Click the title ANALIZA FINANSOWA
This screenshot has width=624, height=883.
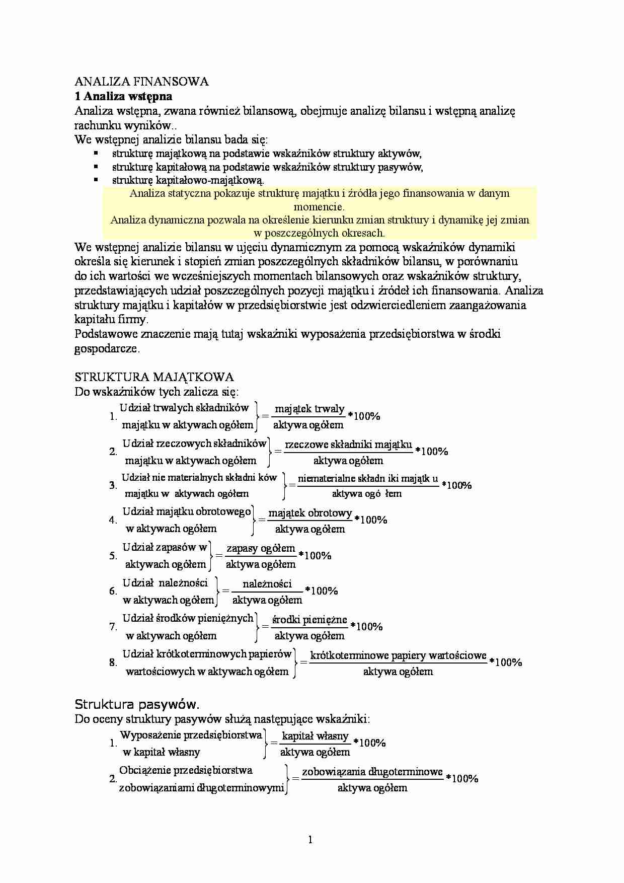141,82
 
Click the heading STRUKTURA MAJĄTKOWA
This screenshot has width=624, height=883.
154,377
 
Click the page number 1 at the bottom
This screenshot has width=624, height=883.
310,839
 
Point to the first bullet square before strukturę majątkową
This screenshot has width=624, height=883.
96,153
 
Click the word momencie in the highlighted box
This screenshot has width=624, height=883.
319,206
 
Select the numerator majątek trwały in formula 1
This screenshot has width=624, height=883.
309,408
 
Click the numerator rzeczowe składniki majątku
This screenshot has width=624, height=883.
348,444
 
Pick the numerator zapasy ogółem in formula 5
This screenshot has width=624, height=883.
261,548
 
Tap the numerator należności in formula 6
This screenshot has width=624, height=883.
267,583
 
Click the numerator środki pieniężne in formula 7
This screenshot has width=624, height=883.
309,619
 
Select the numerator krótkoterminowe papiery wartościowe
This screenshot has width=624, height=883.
398,655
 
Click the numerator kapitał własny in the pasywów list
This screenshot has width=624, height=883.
315,735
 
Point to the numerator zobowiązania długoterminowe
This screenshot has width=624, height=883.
372,771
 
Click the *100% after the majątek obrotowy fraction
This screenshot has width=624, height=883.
371,520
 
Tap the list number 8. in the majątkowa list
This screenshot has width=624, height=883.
113,663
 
